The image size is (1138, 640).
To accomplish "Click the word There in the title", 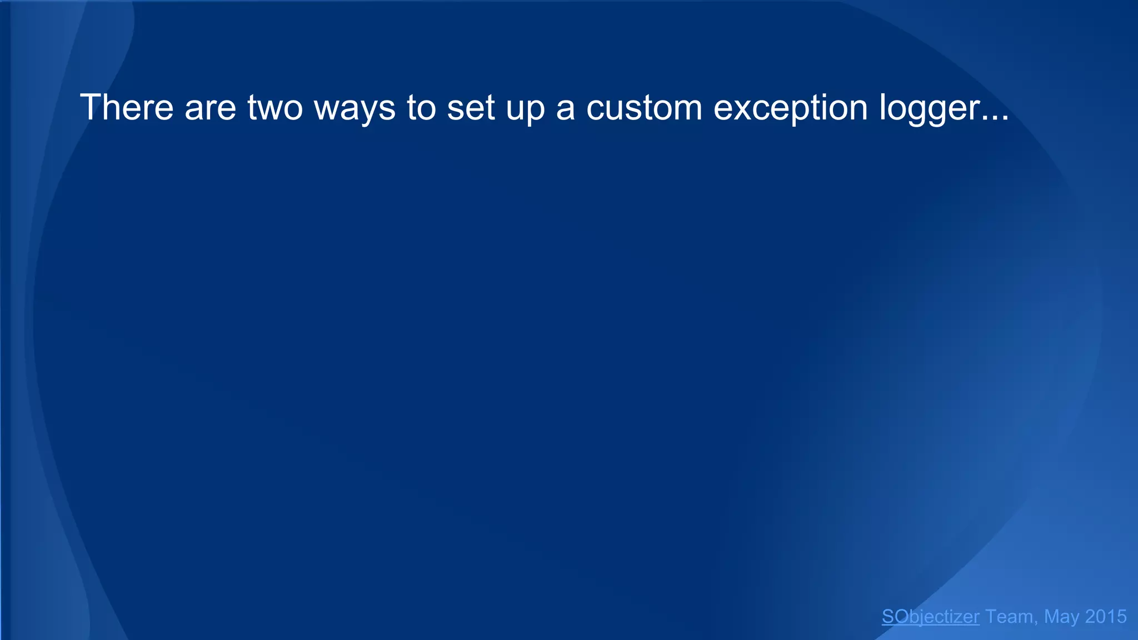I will (x=127, y=107).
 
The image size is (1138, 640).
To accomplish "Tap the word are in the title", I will (x=211, y=107).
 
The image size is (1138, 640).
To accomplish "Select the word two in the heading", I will (x=275, y=107).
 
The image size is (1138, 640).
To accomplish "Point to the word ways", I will (x=355, y=108).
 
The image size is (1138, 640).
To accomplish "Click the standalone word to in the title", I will (x=421, y=107).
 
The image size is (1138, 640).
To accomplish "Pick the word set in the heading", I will (x=471, y=107).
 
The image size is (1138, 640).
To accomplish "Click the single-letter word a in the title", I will (x=565, y=108).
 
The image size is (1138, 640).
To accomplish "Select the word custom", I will (x=645, y=107).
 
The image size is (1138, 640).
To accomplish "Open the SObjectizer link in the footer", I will (x=930, y=616).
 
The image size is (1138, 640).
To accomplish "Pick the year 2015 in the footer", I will (x=1106, y=616).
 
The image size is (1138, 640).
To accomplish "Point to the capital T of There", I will (x=89, y=107).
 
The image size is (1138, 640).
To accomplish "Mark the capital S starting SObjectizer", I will (x=888, y=616).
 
